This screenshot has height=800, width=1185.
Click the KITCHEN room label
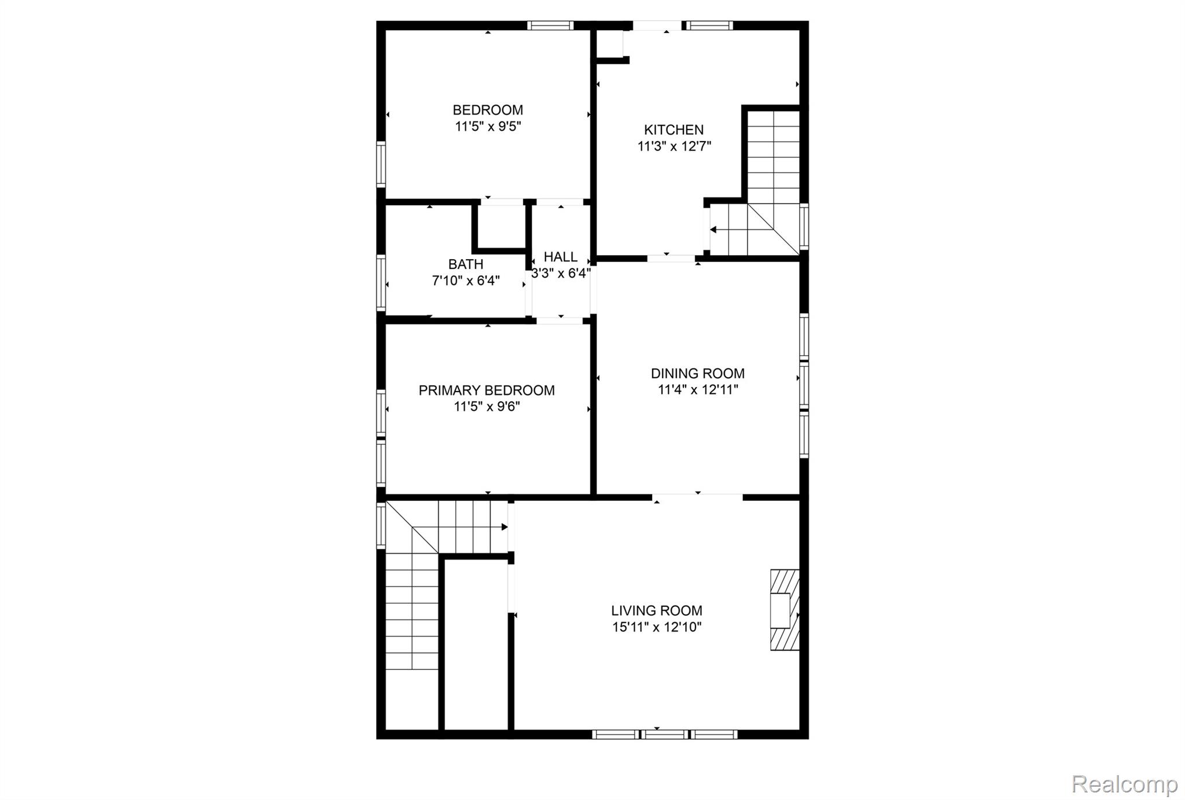click(x=674, y=130)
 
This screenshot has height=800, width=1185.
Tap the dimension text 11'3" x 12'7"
click(x=674, y=146)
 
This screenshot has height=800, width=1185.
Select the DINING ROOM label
click(x=698, y=374)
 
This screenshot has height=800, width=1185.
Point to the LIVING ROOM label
click(x=657, y=610)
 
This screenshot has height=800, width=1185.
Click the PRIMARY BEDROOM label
click(x=487, y=390)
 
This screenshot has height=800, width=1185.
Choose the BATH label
click(x=466, y=264)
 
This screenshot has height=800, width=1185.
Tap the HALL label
click(x=561, y=257)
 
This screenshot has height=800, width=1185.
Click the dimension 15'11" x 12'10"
click(x=657, y=627)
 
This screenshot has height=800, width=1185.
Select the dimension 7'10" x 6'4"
click(x=466, y=281)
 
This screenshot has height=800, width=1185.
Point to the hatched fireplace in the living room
click(x=785, y=610)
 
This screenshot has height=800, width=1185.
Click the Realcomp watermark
click(x=1124, y=784)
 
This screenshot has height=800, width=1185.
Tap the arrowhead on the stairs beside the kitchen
click(x=713, y=230)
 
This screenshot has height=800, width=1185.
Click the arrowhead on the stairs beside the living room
click(x=505, y=527)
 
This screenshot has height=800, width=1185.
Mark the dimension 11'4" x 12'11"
click(x=698, y=390)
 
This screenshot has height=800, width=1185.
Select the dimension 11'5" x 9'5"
click(x=488, y=127)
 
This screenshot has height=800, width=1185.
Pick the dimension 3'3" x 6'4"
click(x=561, y=274)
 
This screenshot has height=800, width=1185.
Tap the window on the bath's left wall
click(x=381, y=283)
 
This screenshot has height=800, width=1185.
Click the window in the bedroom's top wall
click(x=550, y=25)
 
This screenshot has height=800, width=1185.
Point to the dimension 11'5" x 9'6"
click(x=487, y=407)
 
